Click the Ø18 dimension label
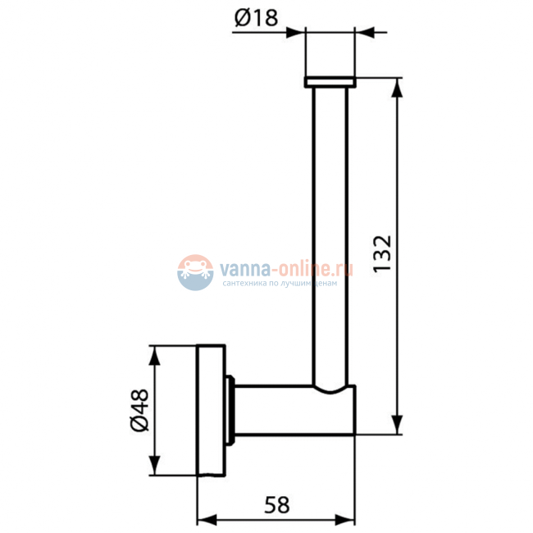[x=257, y=18]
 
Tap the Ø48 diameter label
[x=139, y=410]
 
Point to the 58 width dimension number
[x=277, y=505]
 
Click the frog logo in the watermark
[x=195, y=272]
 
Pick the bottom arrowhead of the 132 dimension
[x=397, y=425]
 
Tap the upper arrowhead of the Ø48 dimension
[x=155, y=355]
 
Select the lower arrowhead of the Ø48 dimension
[x=155, y=466]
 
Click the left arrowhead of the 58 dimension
[x=207, y=520]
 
